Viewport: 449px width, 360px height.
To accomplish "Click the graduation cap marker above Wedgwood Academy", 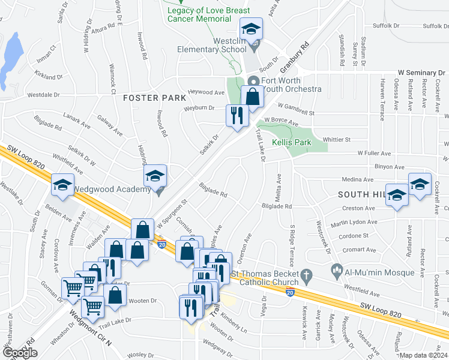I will [x=155, y=176].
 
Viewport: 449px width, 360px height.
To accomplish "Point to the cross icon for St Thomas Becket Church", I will [x=307, y=277].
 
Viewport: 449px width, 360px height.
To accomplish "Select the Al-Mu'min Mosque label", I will [x=379, y=272].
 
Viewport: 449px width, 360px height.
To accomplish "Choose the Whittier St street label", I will [x=337, y=139].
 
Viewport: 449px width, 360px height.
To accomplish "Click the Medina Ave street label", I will [x=358, y=179].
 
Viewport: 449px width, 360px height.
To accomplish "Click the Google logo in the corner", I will [x=20, y=353].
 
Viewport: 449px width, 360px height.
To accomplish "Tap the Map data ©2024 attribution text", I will [x=423, y=355].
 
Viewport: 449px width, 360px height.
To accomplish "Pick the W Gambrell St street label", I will [x=295, y=112].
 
